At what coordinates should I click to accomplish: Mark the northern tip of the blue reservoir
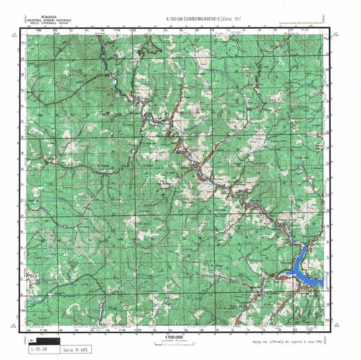[305, 245]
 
